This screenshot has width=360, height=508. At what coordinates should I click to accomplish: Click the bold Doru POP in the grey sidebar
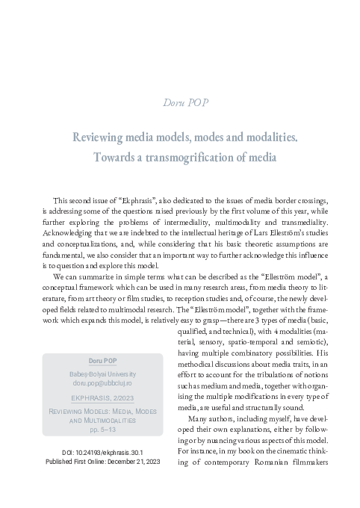[102, 380]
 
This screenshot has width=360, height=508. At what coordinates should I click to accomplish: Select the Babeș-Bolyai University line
[102, 393]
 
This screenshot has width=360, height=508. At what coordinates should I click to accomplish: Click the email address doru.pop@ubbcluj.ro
[102, 403]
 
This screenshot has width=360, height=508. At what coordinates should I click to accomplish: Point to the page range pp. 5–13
[102, 453]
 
